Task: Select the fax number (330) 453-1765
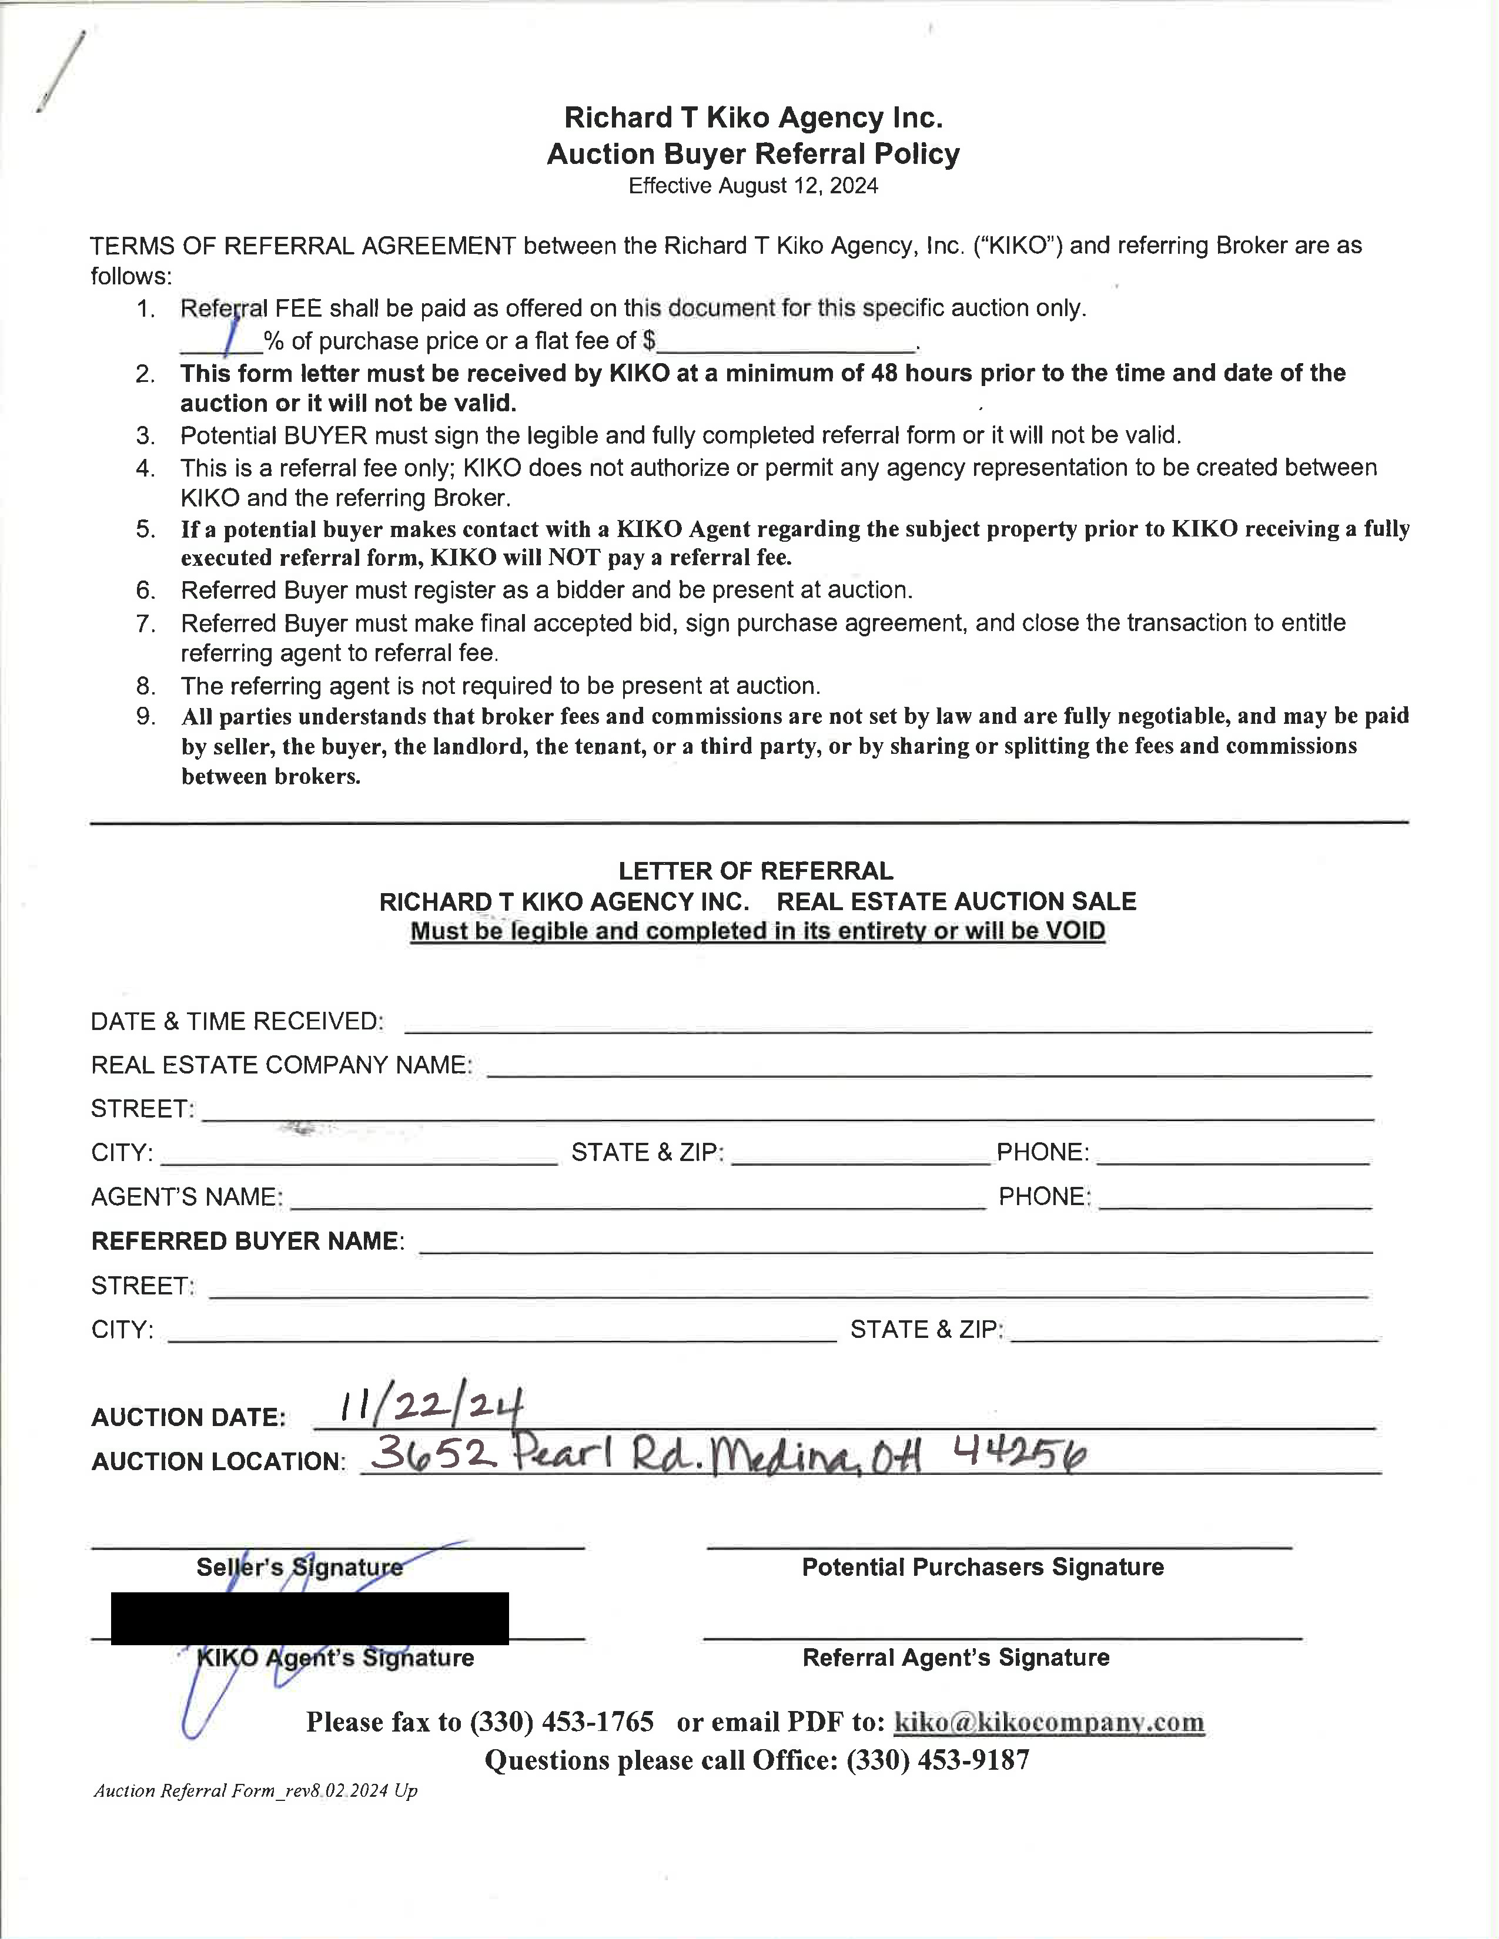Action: point(562,1722)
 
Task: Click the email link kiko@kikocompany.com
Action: point(1049,1722)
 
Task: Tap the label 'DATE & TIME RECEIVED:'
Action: point(237,1021)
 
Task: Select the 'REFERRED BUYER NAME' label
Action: point(247,1240)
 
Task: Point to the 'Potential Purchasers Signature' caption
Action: point(982,1567)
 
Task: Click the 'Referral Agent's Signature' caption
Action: point(955,1658)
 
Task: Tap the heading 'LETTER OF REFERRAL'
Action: point(756,871)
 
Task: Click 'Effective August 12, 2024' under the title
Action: point(753,186)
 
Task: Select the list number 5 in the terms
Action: point(146,529)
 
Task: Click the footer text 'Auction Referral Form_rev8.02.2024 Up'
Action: point(256,1791)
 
